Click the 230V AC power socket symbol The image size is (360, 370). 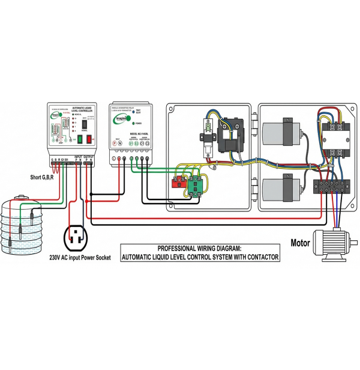point(76,237)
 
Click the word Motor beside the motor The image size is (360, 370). point(301,243)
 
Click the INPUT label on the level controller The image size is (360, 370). point(79,156)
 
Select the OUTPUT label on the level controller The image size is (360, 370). point(88,156)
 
